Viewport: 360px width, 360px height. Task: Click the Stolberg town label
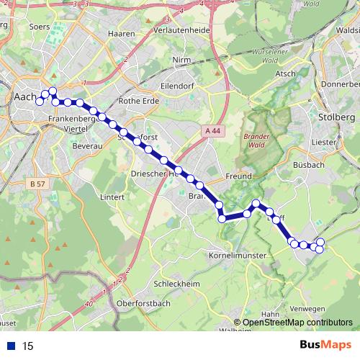336,117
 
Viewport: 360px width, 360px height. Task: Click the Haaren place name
120,33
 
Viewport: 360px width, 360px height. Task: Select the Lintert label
113,196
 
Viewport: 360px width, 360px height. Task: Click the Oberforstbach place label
146,303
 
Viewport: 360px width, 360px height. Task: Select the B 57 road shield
38,184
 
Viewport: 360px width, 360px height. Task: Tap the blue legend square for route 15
11,346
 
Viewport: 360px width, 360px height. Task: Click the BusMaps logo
323,346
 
